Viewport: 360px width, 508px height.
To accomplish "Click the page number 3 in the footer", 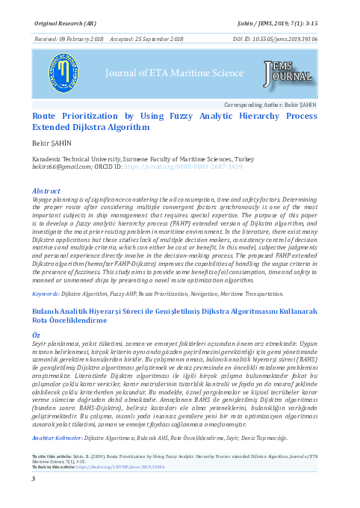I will coord(34,489).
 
